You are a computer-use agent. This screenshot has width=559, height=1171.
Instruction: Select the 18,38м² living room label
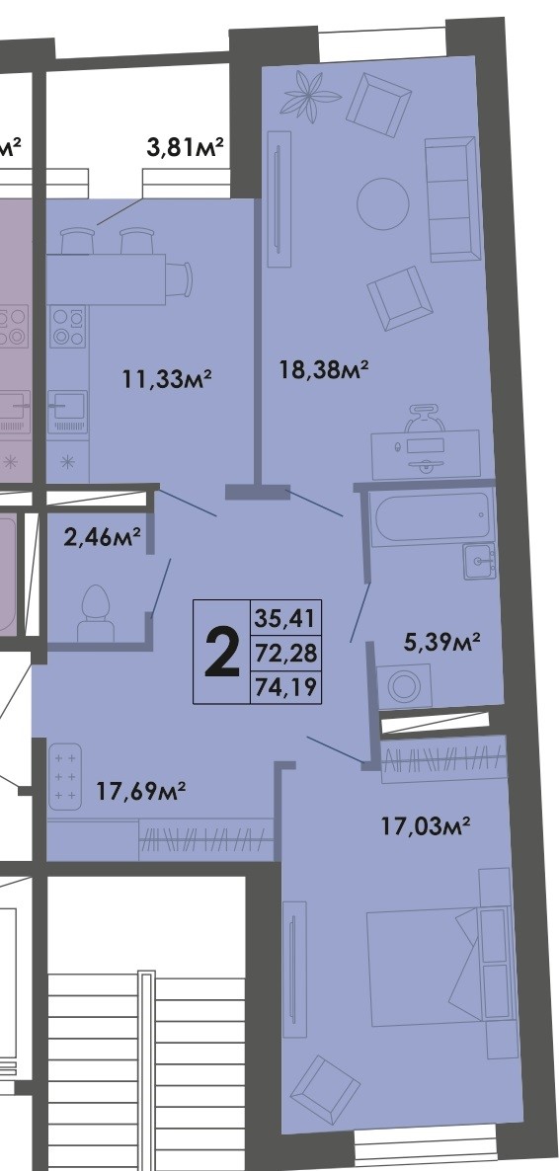[x=323, y=370]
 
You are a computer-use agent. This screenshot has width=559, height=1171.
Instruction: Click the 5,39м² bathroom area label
[x=441, y=644]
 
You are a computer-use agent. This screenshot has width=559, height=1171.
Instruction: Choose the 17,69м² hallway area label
[x=142, y=790]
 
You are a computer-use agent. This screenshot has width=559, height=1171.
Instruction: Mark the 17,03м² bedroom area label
[x=425, y=823]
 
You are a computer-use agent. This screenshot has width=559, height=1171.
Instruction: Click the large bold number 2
[x=222, y=654]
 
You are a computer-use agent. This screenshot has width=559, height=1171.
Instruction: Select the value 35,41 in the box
[x=287, y=620]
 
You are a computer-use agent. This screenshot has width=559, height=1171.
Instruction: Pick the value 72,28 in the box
[x=287, y=654]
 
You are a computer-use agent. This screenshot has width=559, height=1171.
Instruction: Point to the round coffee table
[x=382, y=202]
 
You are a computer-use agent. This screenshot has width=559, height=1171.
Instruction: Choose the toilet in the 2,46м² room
[x=96, y=607]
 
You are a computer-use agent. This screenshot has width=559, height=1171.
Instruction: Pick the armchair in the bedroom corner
[x=319, y=1086]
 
